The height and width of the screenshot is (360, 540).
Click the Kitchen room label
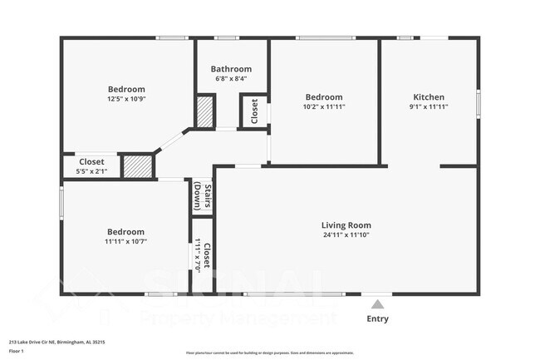click(429, 96)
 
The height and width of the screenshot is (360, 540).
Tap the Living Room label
click(346, 225)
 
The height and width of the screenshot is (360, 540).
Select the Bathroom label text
click(230, 69)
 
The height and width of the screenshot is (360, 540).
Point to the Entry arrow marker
click(377, 304)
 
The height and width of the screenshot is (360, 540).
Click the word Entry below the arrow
click(377, 318)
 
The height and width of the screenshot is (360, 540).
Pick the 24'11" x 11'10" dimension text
click(346, 235)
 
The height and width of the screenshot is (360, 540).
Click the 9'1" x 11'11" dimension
click(429, 106)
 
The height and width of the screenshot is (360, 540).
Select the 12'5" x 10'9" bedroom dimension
click(126, 99)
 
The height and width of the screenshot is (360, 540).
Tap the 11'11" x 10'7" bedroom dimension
click(125, 242)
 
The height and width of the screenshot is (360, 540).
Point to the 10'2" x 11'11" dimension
click(323, 106)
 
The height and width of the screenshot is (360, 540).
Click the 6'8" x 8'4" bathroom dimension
click(230, 79)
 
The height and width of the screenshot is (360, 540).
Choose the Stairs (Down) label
click(202, 197)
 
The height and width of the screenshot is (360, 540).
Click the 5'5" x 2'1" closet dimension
click(91, 171)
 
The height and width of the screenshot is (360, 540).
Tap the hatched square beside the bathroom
click(205, 111)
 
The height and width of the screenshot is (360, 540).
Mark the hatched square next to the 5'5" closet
click(138, 165)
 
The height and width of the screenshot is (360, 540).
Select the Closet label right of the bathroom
click(254, 111)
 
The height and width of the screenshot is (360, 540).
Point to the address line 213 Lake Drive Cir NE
click(56, 342)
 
